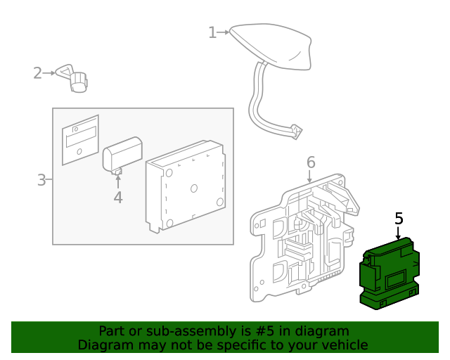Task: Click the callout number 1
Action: click(212, 32)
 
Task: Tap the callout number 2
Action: click(37, 72)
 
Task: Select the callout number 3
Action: click(41, 180)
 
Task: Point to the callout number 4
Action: click(118, 198)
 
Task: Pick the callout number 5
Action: click(399, 219)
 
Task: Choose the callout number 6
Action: click(311, 163)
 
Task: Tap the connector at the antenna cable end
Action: click(295, 131)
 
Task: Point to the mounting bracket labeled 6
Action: click(302, 239)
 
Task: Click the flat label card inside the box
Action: click(80, 139)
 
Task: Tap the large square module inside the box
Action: click(186, 186)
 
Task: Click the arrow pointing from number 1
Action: click(224, 32)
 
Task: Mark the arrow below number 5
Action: click(399, 233)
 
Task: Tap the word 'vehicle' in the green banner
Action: click(344, 345)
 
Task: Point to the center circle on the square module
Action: click(194, 188)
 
